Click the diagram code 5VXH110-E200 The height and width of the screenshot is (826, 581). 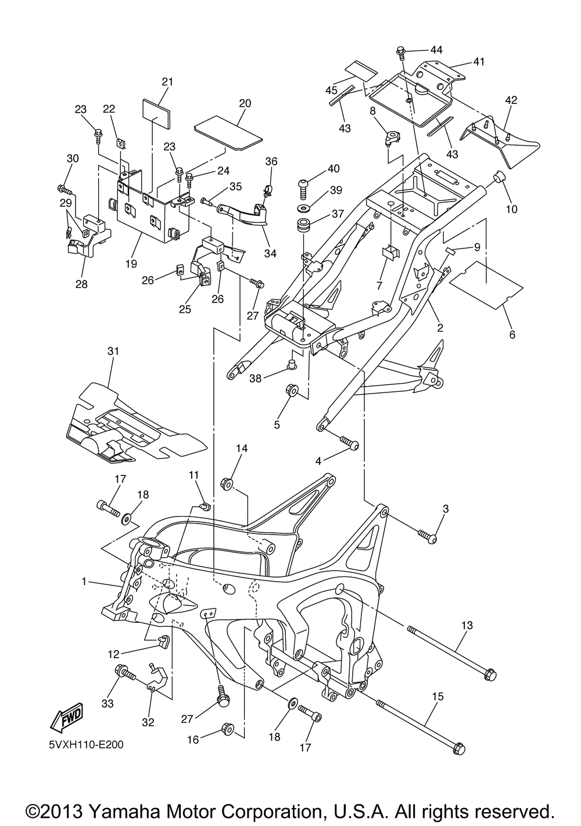coord(82,744)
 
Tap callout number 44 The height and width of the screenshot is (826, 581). coord(436,50)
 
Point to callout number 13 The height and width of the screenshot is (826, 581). coord(467,625)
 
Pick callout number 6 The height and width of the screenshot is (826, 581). coord(511,334)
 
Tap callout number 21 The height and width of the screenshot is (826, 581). coord(167,82)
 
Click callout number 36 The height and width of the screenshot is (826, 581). coord(272,161)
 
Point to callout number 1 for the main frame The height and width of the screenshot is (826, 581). coord(84,581)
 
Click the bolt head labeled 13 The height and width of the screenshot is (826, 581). coord(489,675)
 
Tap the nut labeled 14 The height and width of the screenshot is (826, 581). coord(227,483)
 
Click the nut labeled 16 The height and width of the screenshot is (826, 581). coord(228,728)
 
